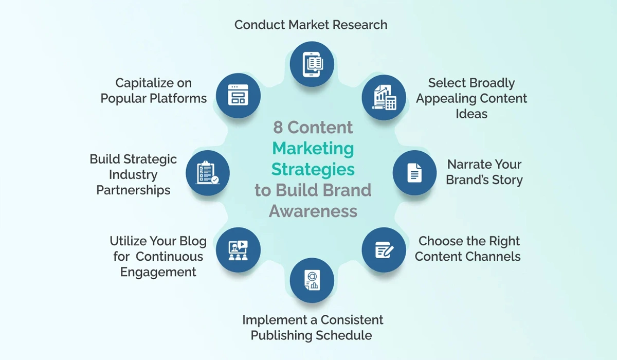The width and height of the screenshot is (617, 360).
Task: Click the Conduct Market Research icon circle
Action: click(312, 64)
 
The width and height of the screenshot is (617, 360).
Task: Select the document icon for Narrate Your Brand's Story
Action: click(414, 172)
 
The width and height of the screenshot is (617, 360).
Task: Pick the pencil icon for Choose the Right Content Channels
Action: click(385, 250)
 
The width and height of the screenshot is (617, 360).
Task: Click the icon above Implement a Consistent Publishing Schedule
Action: click(312, 280)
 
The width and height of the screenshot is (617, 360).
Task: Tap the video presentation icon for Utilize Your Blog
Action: click(238, 250)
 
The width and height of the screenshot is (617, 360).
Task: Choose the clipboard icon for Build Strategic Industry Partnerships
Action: click(208, 172)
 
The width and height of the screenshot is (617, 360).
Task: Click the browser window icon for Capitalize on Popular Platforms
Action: click(238, 95)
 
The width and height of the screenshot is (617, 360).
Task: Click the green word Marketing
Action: click(313, 148)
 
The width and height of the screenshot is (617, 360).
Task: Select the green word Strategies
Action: click(313, 169)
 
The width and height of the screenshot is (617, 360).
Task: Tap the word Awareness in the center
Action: click(313, 211)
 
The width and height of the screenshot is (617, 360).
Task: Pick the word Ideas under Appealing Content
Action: click(471, 114)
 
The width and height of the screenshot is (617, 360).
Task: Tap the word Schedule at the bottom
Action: click(344, 336)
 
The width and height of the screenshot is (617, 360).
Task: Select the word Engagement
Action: click(158, 272)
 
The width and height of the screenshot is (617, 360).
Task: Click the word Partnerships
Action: click(134, 190)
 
